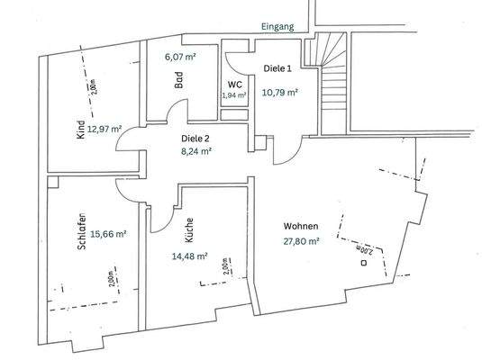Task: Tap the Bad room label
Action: click(179, 78)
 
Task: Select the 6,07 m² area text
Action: click(180, 56)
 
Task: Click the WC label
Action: click(234, 83)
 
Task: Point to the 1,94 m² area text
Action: click(234, 94)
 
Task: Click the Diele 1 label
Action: click(278, 69)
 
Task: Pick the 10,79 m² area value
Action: click(279, 91)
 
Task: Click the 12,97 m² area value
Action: click(105, 130)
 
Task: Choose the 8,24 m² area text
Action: click(196, 152)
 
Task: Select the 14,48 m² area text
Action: click(190, 256)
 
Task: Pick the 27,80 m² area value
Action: click(301, 240)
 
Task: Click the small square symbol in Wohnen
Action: click(364, 264)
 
